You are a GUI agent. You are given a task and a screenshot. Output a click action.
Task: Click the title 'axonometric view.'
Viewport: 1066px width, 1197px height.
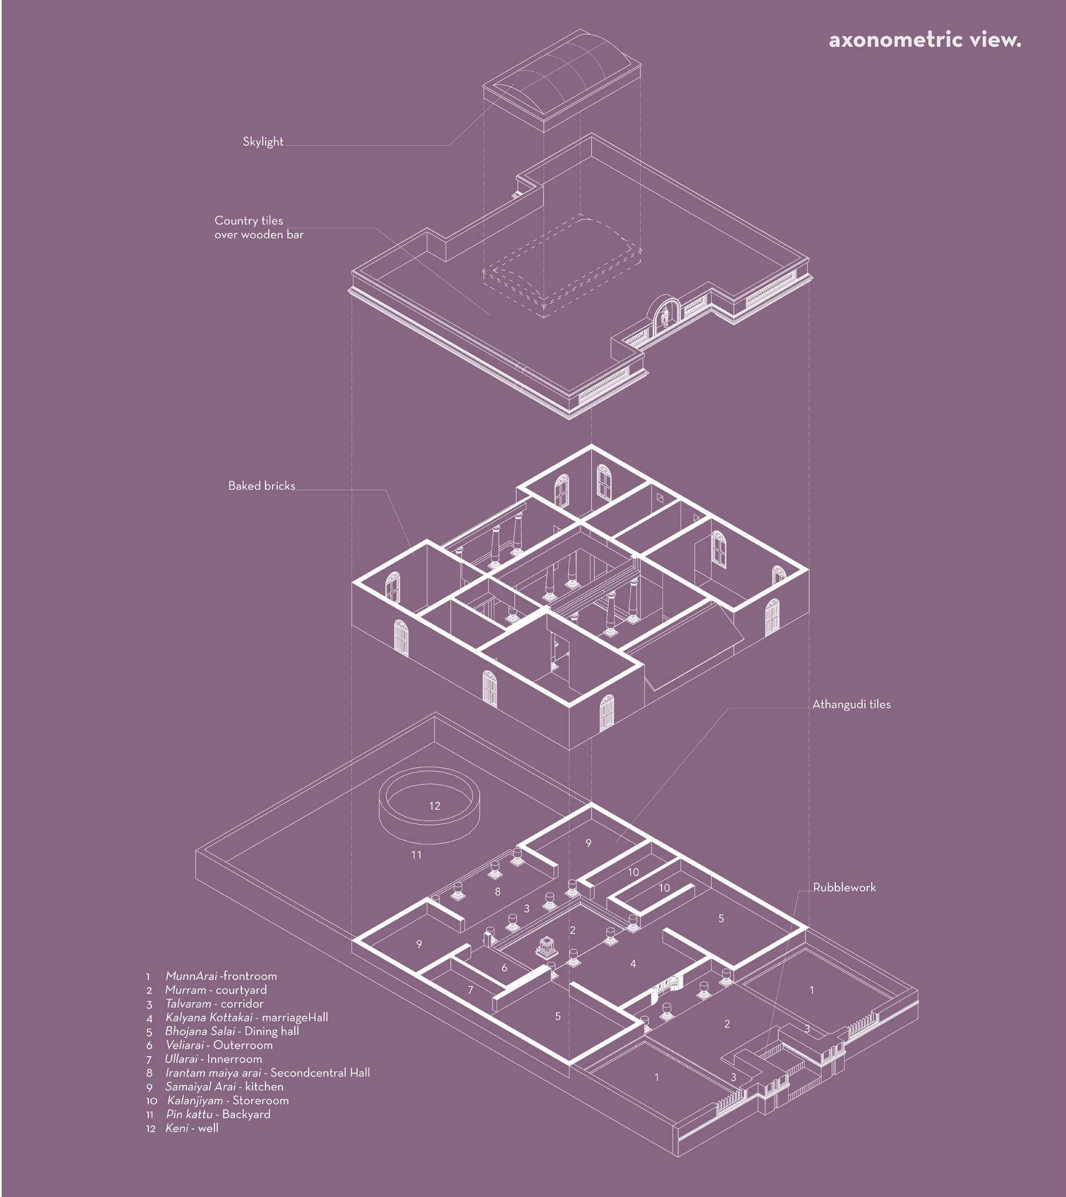click(x=924, y=40)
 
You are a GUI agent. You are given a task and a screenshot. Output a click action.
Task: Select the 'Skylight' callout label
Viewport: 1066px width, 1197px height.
click(x=262, y=142)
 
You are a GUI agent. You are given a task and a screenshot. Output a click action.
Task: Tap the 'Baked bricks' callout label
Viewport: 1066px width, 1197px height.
click(x=261, y=486)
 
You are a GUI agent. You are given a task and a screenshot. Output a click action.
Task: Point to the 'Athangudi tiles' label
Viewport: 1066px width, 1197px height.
click(x=851, y=704)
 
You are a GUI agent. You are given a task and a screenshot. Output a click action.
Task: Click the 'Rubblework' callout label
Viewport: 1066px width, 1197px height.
click(x=844, y=887)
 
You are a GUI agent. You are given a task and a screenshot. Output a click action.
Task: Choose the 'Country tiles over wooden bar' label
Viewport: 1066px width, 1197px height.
click(x=259, y=228)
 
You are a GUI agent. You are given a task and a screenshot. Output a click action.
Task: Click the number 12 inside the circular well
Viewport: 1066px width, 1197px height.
click(x=435, y=805)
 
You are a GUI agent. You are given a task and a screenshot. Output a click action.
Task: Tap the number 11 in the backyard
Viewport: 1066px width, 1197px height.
click(x=416, y=855)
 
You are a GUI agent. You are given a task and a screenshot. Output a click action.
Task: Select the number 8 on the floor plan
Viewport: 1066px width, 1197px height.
click(x=497, y=892)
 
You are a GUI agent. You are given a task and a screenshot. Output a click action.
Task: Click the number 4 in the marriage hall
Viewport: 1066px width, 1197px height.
click(x=633, y=964)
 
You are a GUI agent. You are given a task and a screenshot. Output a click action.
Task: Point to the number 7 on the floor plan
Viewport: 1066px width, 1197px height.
click(x=471, y=989)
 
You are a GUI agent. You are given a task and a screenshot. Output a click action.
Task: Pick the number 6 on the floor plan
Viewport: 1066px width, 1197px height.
click(x=504, y=968)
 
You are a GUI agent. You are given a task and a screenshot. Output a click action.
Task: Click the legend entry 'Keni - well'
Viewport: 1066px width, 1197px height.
click(x=191, y=1128)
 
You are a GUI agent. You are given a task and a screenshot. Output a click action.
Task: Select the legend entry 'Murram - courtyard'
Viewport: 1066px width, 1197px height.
click(x=215, y=989)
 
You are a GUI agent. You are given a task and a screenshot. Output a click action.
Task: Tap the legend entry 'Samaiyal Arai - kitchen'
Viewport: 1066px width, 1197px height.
click(x=223, y=1086)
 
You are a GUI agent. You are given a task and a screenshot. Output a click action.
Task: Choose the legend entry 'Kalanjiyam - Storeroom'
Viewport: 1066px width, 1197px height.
click(x=227, y=1100)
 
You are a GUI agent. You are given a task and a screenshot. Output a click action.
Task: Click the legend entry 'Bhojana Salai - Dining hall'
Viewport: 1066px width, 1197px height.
click(x=231, y=1031)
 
